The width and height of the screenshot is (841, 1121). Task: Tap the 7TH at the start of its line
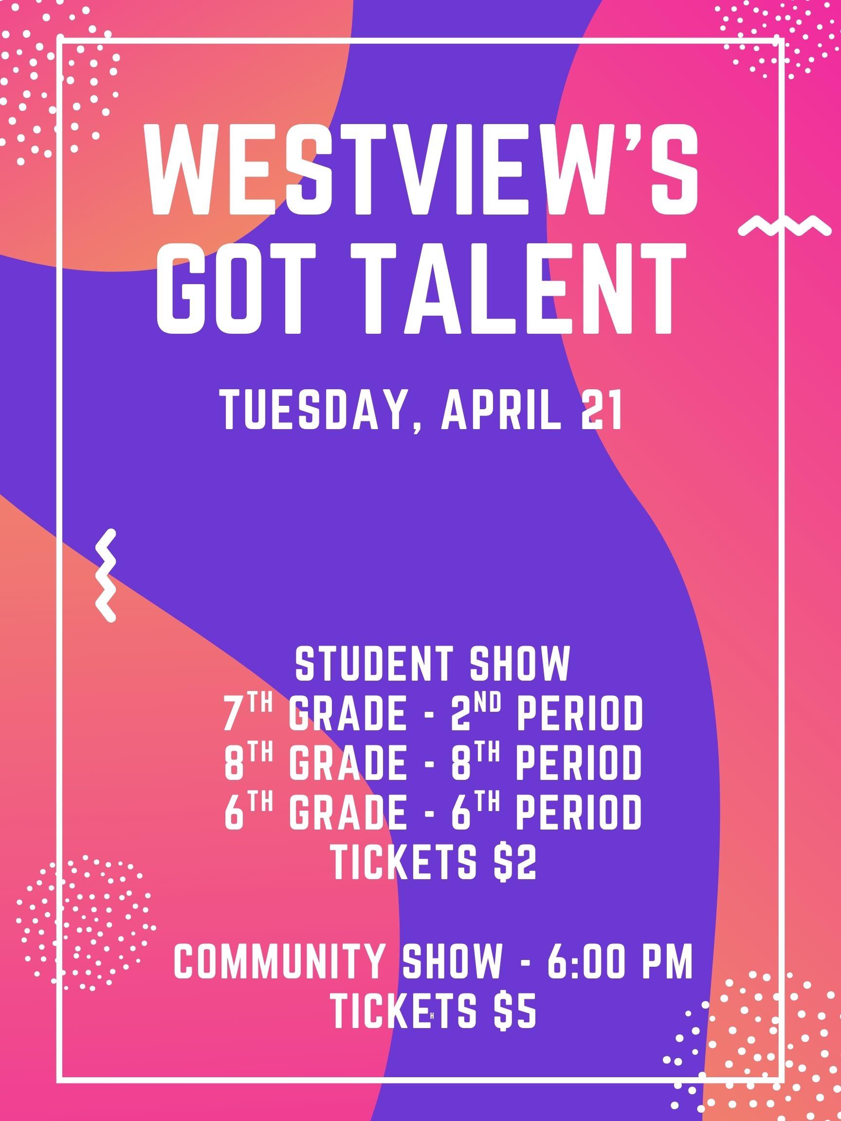click(x=248, y=712)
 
